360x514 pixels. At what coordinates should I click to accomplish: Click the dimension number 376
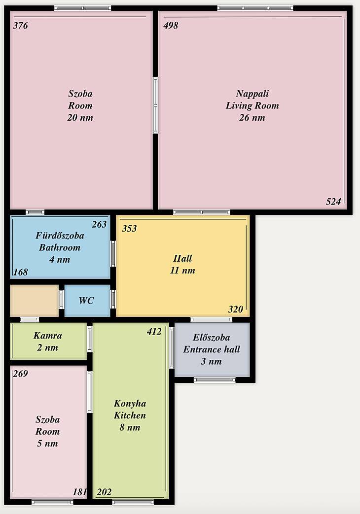click(x=20, y=26)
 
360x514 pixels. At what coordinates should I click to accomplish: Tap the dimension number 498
click(x=171, y=26)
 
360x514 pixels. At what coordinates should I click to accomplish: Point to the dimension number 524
click(x=333, y=202)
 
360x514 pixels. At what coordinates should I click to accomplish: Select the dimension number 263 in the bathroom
click(x=99, y=224)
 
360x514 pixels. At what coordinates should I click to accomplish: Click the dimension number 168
click(x=20, y=272)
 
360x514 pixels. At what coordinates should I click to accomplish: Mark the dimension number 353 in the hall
click(x=129, y=229)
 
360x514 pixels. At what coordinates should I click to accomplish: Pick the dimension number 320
click(x=236, y=309)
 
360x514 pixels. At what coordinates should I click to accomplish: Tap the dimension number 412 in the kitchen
click(x=154, y=332)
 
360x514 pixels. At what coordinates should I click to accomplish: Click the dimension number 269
click(x=20, y=374)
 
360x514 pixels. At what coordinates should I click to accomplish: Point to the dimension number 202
click(x=104, y=492)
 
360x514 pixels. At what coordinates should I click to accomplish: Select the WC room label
click(x=86, y=301)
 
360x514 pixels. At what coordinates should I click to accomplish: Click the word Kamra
click(x=47, y=336)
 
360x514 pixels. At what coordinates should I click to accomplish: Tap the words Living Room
click(x=252, y=105)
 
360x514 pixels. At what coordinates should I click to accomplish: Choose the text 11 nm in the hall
click(x=183, y=271)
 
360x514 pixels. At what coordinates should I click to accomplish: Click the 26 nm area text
click(x=252, y=118)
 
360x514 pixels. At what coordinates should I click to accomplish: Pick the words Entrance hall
click(x=212, y=349)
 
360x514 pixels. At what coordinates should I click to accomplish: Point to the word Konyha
click(x=130, y=404)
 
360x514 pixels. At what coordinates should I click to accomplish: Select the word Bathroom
click(x=60, y=247)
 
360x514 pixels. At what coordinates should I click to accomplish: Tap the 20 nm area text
click(x=80, y=118)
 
